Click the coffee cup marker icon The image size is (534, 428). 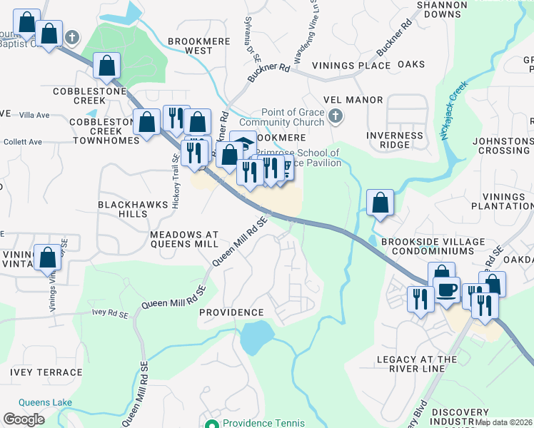point(446,289)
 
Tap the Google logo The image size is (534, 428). point(24,419)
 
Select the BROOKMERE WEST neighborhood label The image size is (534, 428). point(190,46)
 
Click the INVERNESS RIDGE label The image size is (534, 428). point(395,140)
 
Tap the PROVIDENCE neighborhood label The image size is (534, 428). point(231,312)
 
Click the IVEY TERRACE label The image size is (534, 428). point(46,372)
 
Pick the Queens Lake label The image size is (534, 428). point(46,402)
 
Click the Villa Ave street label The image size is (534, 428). point(34,115)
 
